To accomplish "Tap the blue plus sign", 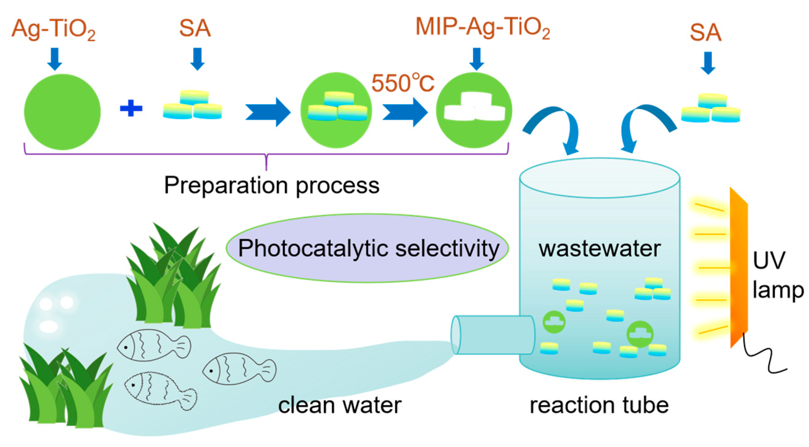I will tap(131, 108).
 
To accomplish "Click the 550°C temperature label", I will tap(402, 83).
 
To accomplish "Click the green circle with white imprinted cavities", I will tap(474, 110).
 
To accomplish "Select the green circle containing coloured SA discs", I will tap(336, 110).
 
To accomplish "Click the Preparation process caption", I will tap(272, 185).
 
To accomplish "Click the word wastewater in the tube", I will tap(600, 249).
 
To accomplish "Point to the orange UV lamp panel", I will tap(739, 267).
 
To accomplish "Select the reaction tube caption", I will tap(599, 406).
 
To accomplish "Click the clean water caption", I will tap(339, 406).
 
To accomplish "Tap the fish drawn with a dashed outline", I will tap(160, 390).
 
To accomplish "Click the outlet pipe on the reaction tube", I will tap(493, 335).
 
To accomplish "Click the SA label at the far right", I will tap(705, 33).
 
